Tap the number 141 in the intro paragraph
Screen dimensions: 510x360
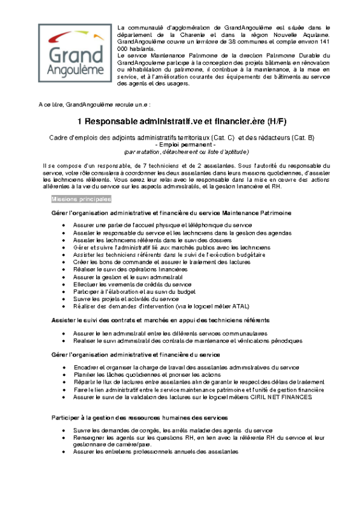[324, 41]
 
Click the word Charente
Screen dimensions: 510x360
[196, 34]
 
